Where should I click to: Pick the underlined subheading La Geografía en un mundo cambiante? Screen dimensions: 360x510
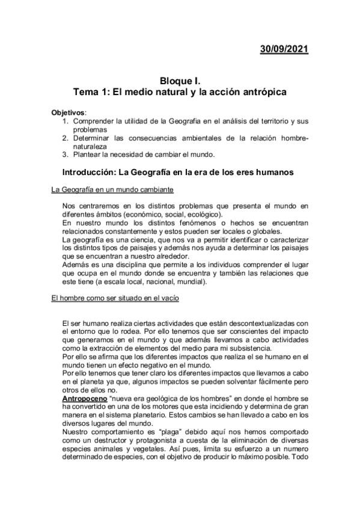113,191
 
